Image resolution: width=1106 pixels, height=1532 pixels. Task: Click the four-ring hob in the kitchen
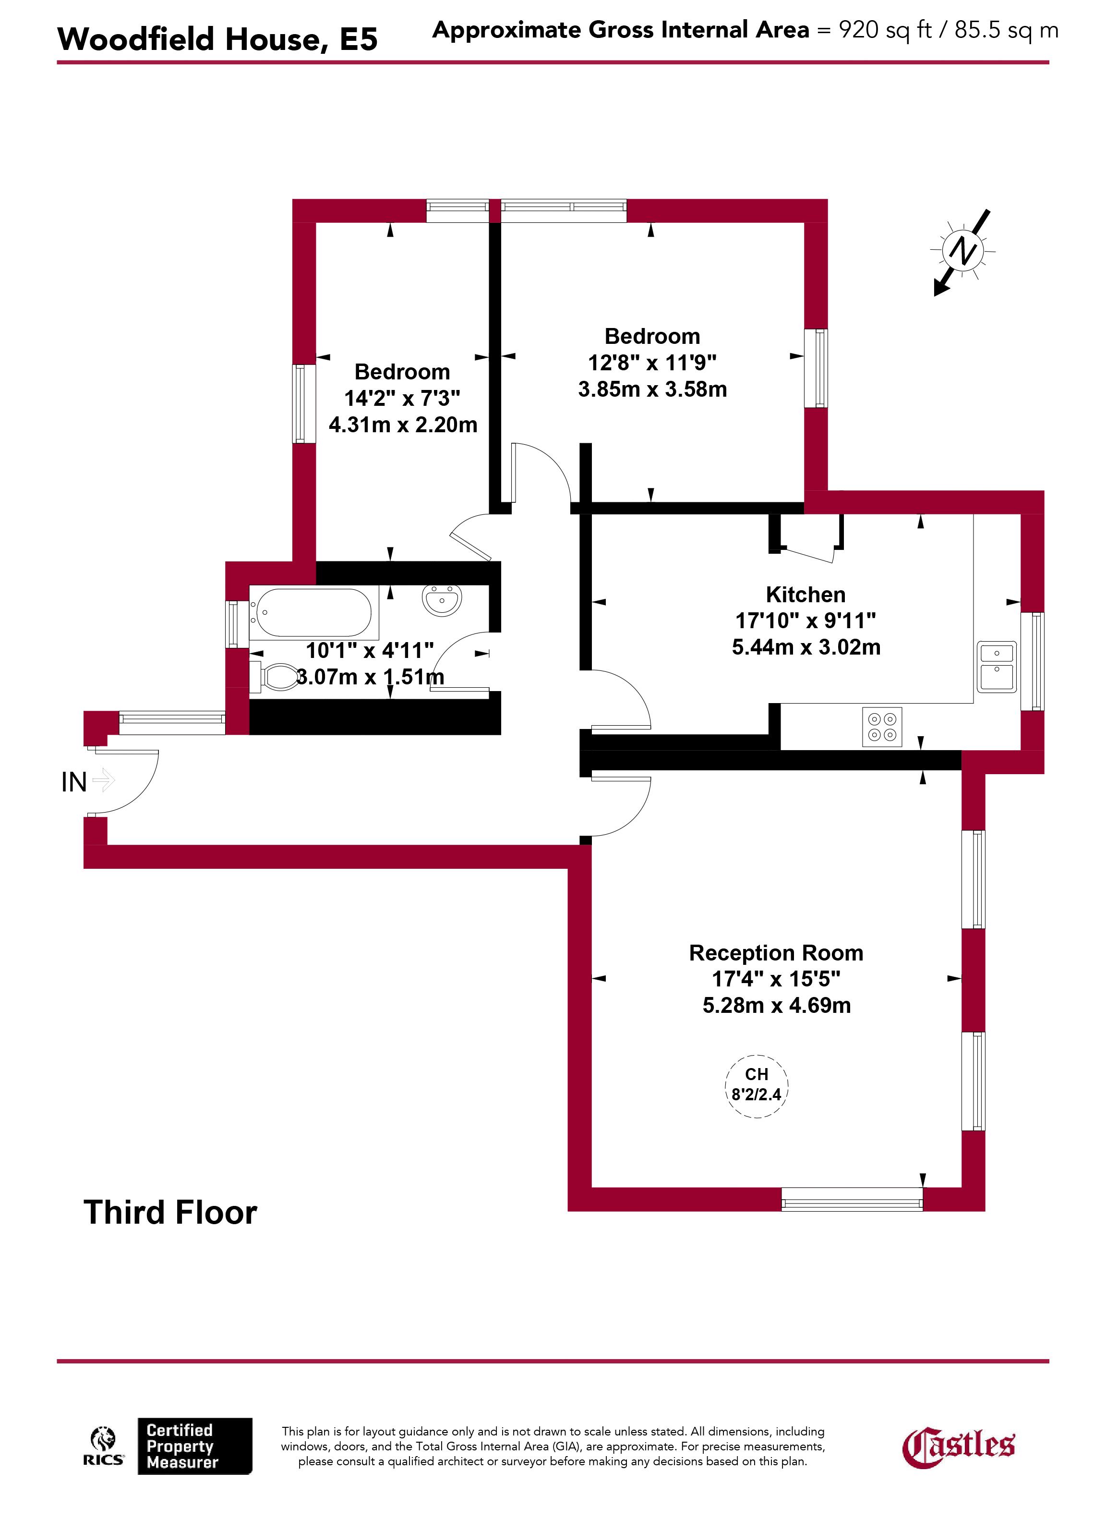coord(882,726)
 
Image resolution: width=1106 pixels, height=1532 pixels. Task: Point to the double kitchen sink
coord(997,667)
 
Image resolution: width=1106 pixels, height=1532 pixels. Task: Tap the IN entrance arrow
coord(103,781)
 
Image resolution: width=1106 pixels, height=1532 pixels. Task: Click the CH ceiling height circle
coord(756,1085)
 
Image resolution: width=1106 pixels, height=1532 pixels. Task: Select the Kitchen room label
coord(805,595)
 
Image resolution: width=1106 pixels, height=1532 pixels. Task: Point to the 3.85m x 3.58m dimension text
coord(652,389)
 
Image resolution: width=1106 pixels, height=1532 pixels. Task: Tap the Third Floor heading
coord(170,1213)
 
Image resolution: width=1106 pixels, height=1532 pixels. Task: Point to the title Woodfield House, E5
coord(217,39)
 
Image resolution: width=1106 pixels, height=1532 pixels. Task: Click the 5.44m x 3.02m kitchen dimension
coord(806,647)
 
